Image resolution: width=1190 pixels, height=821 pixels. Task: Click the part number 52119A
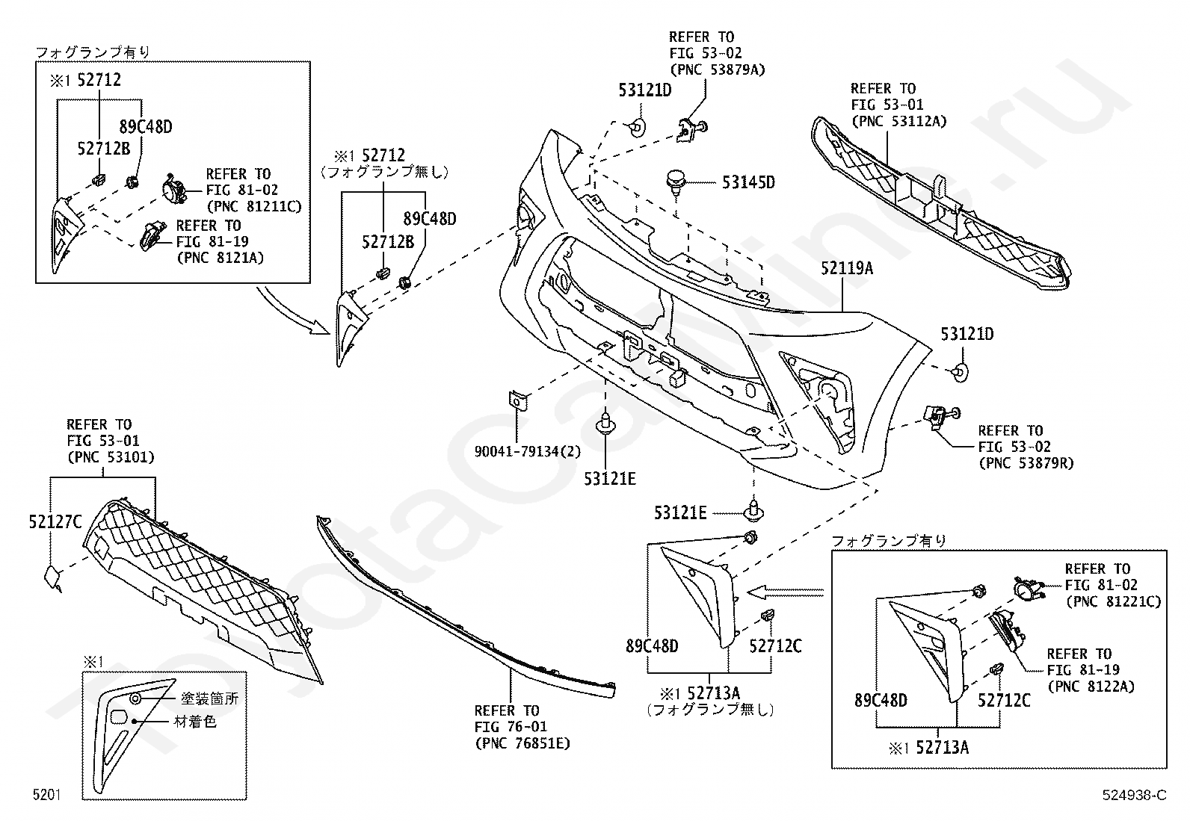847,267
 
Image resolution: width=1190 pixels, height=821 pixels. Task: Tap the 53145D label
747,182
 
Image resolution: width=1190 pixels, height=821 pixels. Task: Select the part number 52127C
55,522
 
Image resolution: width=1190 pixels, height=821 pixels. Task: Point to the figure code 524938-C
1133,796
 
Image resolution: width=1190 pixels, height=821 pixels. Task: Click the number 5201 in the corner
46,796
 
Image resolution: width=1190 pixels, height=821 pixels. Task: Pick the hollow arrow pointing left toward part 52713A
785,592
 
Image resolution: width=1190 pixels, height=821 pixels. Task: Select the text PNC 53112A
899,121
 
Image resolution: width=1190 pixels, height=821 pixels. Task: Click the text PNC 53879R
1026,463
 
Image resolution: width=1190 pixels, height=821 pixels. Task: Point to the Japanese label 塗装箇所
210,699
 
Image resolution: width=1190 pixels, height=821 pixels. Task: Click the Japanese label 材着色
195,722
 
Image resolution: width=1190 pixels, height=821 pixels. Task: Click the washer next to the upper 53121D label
637,126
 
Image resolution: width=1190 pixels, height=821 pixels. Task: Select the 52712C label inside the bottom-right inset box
1004,700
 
